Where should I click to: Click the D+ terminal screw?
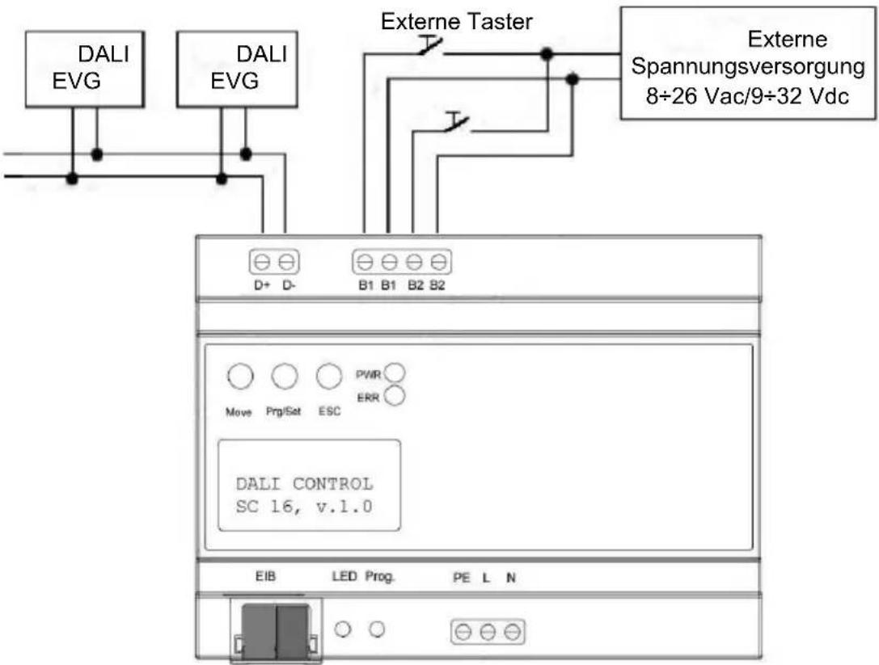[x=262, y=262]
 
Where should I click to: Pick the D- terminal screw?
[x=286, y=262]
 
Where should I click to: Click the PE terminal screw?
[x=463, y=632]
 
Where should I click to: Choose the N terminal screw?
[x=512, y=632]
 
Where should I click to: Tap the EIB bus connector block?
[x=275, y=631]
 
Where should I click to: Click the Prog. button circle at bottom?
[x=378, y=629]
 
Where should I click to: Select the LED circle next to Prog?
[x=343, y=629]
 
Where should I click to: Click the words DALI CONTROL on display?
[x=304, y=483]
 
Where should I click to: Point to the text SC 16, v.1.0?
[x=304, y=507]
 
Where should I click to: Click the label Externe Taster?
[x=456, y=22]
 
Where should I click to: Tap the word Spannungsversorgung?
[x=748, y=67]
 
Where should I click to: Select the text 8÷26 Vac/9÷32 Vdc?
[x=747, y=96]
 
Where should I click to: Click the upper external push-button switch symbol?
[x=430, y=47]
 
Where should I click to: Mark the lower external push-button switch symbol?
[x=457, y=123]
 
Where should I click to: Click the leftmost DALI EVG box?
[x=85, y=69]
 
